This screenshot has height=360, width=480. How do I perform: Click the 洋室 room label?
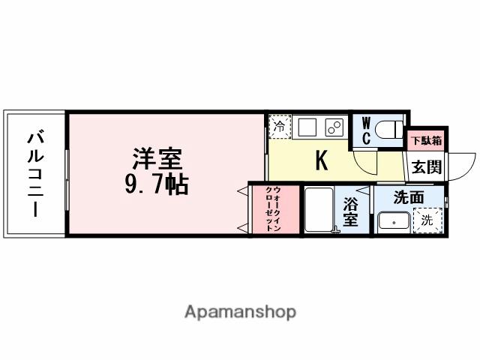(x=158, y=159)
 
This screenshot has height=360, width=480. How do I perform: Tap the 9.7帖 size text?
(x=157, y=183)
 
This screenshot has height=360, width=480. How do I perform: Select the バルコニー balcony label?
(x=34, y=173)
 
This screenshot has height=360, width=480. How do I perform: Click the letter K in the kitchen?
(x=321, y=160)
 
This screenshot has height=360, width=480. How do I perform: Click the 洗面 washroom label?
(x=409, y=198)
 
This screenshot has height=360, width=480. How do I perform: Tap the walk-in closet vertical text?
(x=273, y=209)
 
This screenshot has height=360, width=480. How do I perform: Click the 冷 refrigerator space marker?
(x=279, y=126)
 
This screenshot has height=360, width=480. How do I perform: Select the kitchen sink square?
(x=307, y=127)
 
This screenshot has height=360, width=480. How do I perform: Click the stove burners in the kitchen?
(x=334, y=127)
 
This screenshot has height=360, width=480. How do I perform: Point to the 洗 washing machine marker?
(x=427, y=220)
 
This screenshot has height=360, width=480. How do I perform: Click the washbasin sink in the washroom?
(x=392, y=222)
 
